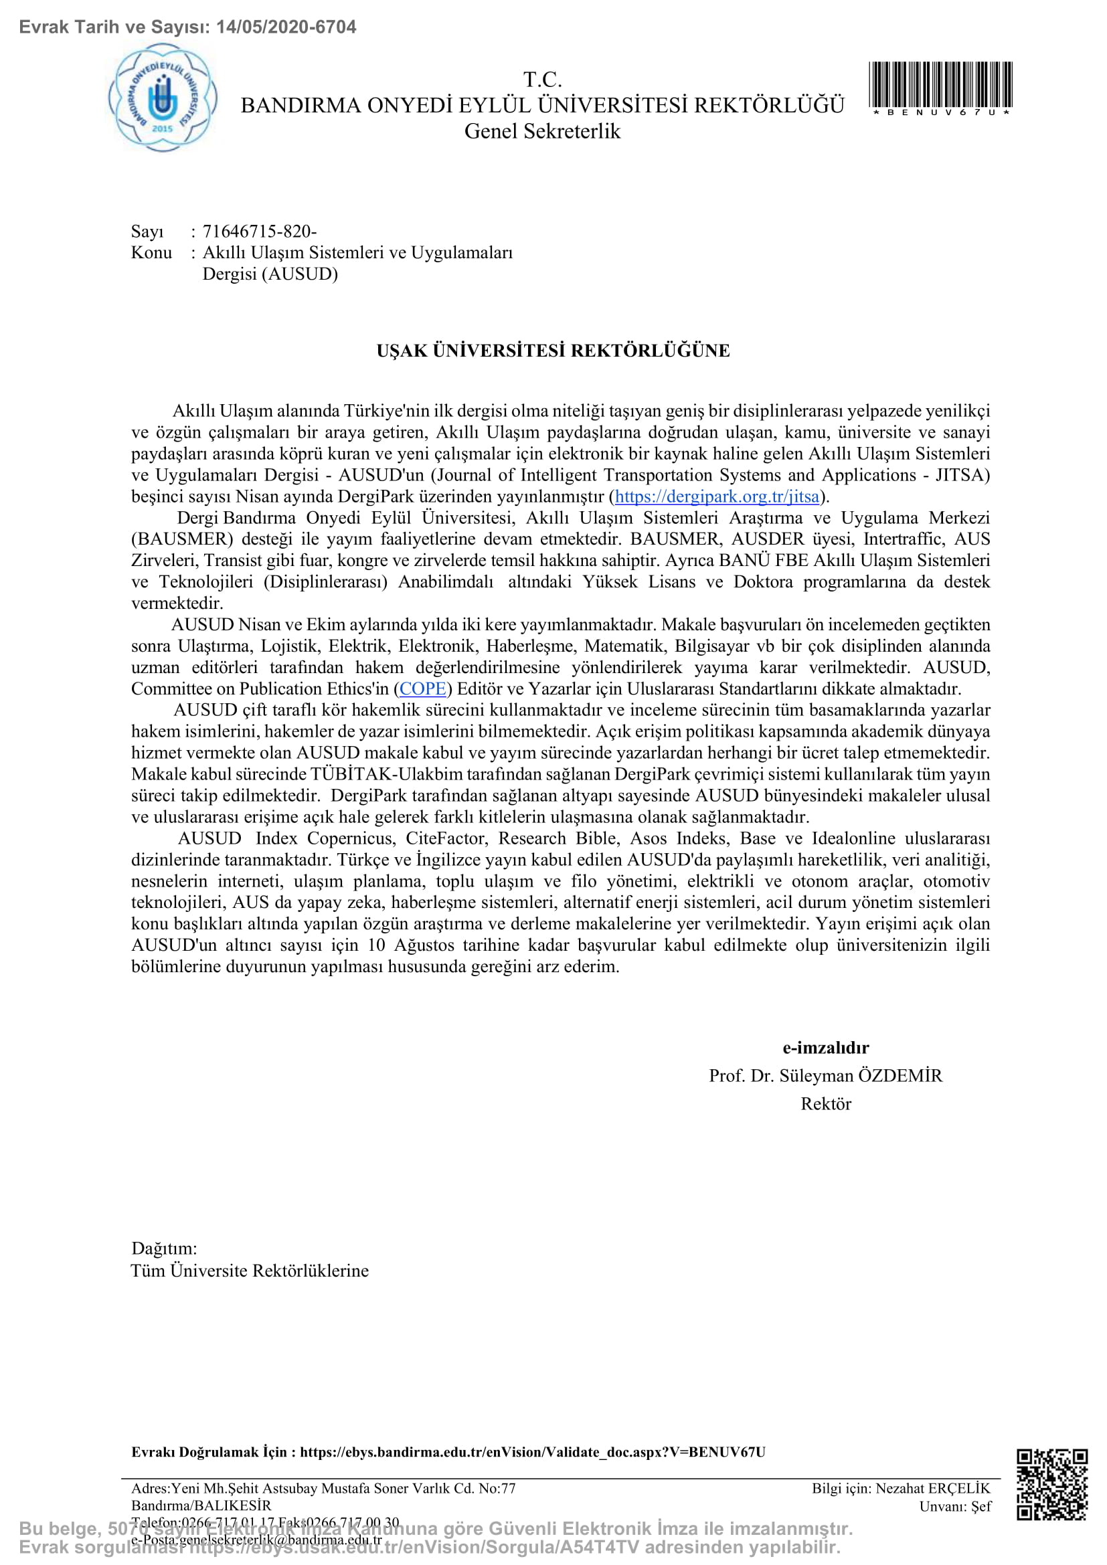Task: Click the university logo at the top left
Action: [163, 98]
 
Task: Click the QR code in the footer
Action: [1052, 1493]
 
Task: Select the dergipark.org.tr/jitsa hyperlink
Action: [716, 496]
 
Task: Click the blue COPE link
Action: [422, 688]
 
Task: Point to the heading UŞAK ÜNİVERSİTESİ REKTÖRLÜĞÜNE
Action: [553, 351]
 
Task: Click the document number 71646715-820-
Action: [259, 231]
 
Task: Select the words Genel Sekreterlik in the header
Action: [542, 131]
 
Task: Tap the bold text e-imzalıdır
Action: [825, 1048]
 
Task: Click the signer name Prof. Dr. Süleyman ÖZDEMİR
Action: [825, 1076]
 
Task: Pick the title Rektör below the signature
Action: [825, 1103]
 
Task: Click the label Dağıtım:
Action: [163, 1248]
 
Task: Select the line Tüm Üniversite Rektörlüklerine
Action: [250, 1271]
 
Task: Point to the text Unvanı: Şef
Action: [954, 1506]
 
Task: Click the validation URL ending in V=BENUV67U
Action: [531, 1452]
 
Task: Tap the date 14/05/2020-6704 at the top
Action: [286, 27]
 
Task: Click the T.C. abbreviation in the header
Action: [542, 80]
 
